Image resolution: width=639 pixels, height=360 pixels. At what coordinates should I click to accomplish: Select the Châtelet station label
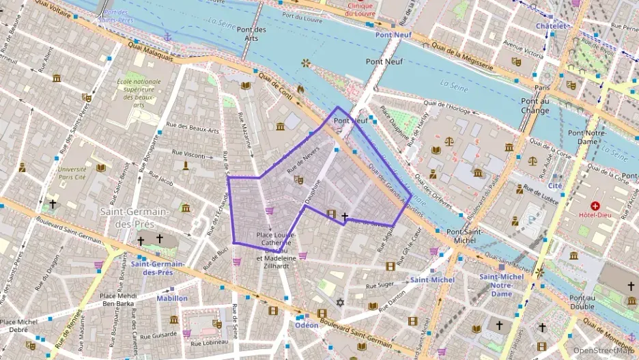pyautogui.click(x=552, y=26)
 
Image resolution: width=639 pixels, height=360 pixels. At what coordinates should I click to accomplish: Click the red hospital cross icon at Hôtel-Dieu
pyautogui.click(x=595, y=206)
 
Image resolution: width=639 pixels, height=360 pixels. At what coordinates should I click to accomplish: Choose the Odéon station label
pyautogui.click(x=307, y=325)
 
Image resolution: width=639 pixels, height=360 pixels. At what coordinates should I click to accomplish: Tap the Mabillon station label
pyautogui.click(x=172, y=299)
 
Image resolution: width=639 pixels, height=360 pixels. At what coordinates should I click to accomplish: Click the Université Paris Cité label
pyautogui.click(x=72, y=172)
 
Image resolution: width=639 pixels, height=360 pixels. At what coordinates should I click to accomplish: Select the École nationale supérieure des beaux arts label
pyautogui.click(x=139, y=93)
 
